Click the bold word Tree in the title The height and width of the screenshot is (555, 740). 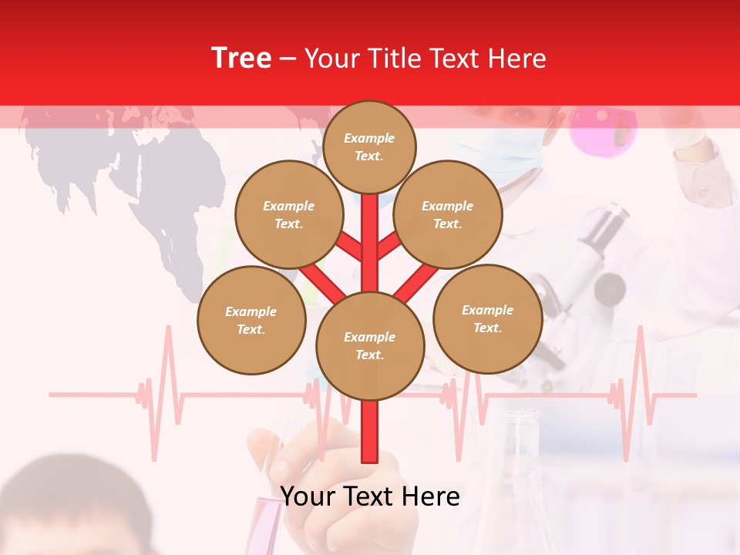click(x=241, y=58)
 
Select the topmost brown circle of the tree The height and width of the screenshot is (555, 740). click(x=369, y=146)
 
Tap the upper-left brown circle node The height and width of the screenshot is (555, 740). click(x=288, y=214)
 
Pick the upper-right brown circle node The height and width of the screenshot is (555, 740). click(x=447, y=214)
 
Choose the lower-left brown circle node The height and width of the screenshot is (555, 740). click(x=251, y=320)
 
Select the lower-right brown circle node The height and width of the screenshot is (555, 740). click(x=487, y=318)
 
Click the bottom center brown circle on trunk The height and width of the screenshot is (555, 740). click(x=370, y=345)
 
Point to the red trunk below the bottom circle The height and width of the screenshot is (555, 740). click(x=370, y=432)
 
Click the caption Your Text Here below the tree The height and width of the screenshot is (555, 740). click(x=370, y=496)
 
